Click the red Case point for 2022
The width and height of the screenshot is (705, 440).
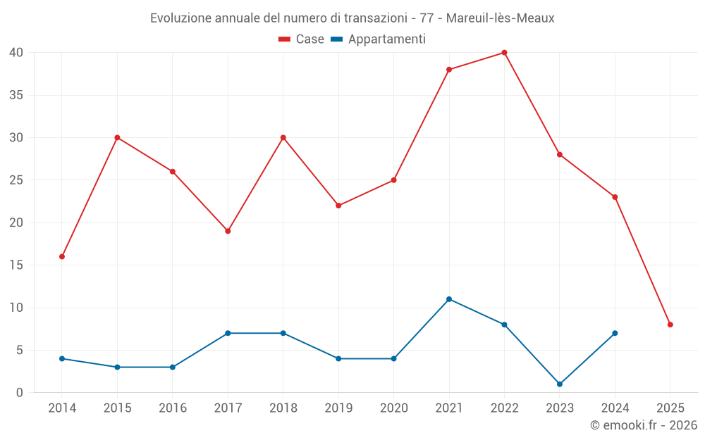click(x=504, y=52)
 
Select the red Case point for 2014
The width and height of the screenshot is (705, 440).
click(x=62, y=256)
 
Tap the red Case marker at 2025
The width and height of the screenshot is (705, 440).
click(x=670, y=325)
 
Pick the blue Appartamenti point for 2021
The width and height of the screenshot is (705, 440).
click(x=449, y=299)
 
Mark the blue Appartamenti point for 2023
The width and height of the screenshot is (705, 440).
click(x=560, y=384)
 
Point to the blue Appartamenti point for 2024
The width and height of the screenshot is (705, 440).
click(x=615, y=333)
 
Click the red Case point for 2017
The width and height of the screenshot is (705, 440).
click(x=228, y=231)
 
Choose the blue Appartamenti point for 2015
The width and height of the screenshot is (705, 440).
click(x=117, y=367)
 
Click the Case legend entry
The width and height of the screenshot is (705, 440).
click(x=302, y=39)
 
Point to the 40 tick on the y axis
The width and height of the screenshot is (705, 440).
click(x=17, y=52)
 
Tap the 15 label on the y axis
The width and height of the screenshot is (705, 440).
click(x=17, y=265)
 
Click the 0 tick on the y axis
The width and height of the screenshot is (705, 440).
click(x=20, y=392)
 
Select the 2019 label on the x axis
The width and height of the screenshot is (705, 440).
click(x=338, y=408)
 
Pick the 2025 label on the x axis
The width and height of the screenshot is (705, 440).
click(x=670, y=408)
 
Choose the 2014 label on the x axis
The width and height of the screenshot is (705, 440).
click(x=62, y=408)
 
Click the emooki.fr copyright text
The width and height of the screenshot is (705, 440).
click(x=644, y=425)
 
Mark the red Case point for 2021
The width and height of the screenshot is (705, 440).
click(x=449, y=69)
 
